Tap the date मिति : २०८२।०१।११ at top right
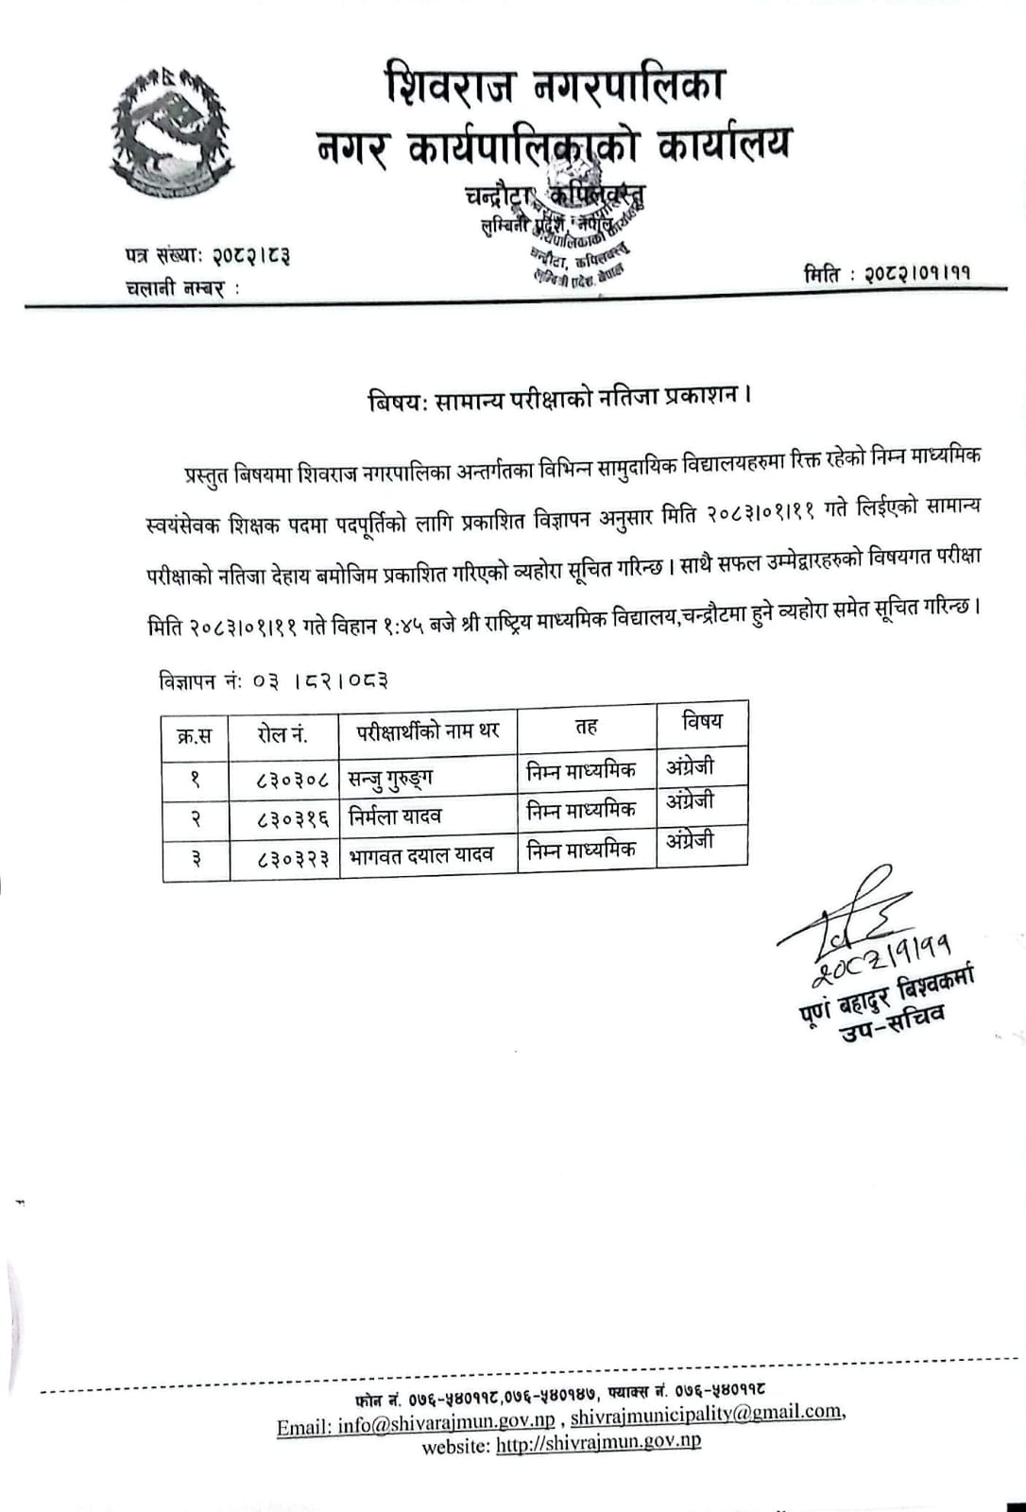pos(887,274)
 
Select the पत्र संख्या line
pos(207,254)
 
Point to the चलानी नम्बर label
pos(182,287)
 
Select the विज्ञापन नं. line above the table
pos(273,680)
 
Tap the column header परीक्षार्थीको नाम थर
pos(428,730)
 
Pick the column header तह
pos(587,726)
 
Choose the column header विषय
pos(702,721)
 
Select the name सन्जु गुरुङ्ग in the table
pos(390,779)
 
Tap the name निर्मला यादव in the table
pos(394,816)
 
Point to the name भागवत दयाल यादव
pos(420,855)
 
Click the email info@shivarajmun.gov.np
pos(416,1426)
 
